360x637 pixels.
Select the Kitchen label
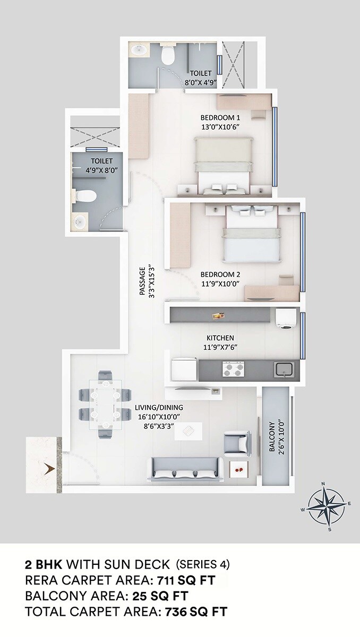[220, 338]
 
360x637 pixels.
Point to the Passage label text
[142, 281]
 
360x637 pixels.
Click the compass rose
[325, 505]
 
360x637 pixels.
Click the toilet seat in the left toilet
[84, 196]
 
